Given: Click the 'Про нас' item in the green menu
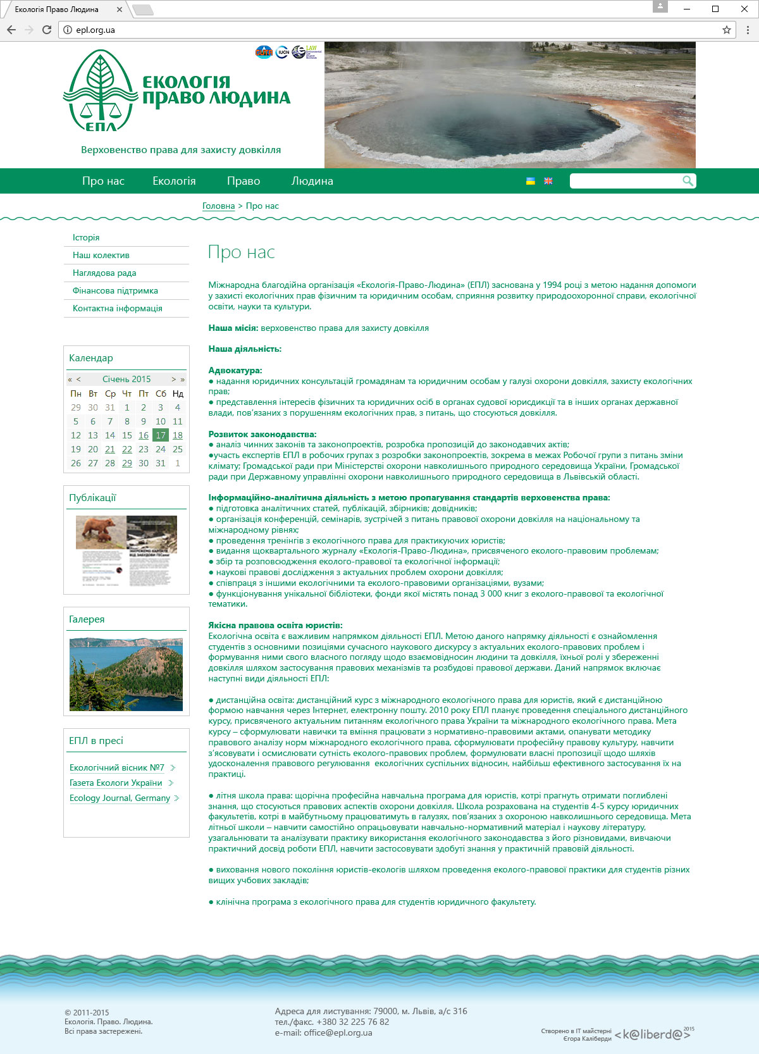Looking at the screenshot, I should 103,181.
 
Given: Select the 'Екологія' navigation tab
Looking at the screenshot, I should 174,181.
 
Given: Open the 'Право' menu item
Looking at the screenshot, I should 244,181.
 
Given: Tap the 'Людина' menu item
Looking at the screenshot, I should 312,181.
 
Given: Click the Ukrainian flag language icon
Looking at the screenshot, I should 531,181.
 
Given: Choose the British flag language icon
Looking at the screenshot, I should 548,181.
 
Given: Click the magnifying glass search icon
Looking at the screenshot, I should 688,181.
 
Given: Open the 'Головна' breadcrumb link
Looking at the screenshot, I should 218,206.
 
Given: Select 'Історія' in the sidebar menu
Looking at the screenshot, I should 86,237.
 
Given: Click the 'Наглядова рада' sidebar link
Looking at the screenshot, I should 104,273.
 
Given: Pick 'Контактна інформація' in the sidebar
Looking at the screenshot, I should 118,308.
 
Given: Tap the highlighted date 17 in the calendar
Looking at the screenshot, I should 161,435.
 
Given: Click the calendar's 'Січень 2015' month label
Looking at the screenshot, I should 126,379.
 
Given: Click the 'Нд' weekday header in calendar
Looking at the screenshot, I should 178,394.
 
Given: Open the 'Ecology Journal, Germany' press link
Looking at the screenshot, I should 120,798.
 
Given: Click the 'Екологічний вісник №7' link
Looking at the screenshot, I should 117,767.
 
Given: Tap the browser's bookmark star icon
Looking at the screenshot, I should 727,30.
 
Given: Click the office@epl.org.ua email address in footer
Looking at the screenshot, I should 338,1032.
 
